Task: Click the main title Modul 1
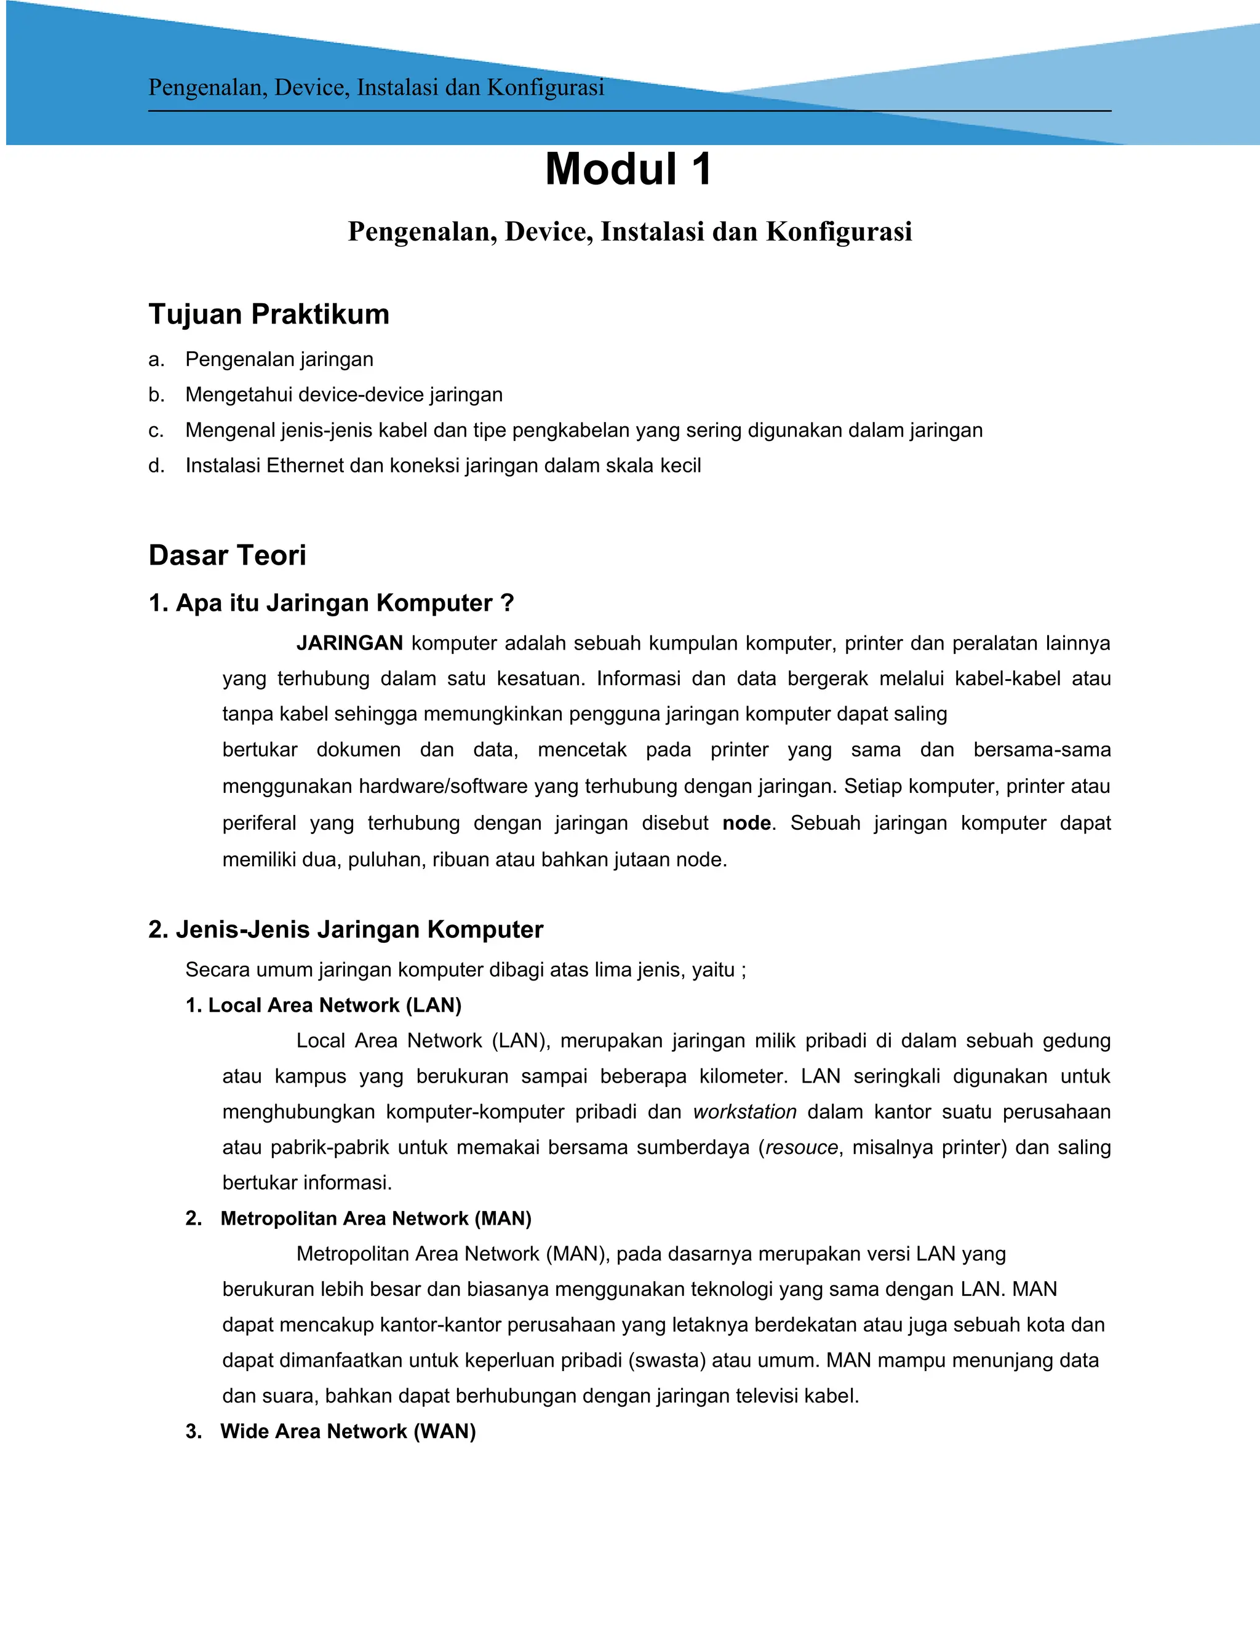tap(629, 169)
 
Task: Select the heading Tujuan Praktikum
tap(269, 314)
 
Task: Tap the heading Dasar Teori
tap(227, 555)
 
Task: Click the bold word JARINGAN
tap(349, 643)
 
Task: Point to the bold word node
tap(746, 823)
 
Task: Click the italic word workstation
tap(745, 1112)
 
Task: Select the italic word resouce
tap(802, 1147)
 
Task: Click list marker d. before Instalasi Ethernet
tap(156, 466)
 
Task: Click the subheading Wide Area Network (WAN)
tap(348, 1431)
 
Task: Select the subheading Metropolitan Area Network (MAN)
tap(375, 1219)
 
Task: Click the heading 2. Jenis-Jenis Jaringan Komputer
tap(346, 930)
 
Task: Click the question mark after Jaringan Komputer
tap(508, 603)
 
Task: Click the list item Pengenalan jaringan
tap(279, 360)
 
